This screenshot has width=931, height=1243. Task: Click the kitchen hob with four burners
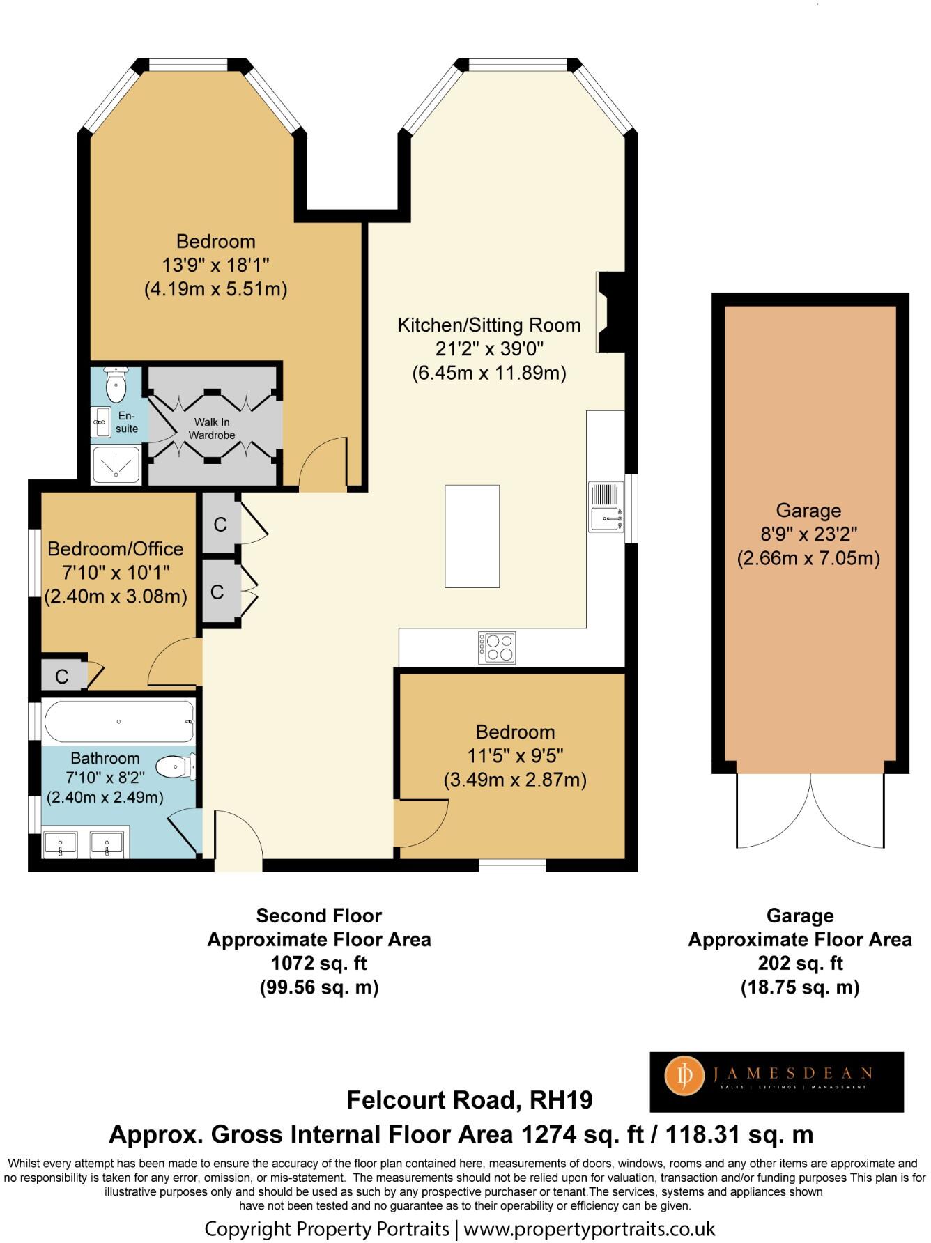tap(497, 647)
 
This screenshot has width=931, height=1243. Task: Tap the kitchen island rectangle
tap(472, 536)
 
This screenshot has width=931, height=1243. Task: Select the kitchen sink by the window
tap(606, 507)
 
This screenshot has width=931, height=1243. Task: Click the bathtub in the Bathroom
tap(118, 721)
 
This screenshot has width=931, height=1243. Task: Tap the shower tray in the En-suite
tap(116, 465)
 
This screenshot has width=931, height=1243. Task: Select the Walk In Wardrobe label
tap(212, 429)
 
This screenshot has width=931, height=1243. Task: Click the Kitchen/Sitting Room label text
tap(488, 325)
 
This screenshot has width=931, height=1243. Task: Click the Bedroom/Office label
tap(115, 549)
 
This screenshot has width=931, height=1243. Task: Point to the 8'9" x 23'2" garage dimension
tap(808, 534)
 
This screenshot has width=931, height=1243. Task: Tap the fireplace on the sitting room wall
tap(611, 311)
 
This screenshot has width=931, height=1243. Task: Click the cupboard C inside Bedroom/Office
tap(62, 676)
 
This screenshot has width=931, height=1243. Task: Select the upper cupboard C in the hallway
tap(220, 524)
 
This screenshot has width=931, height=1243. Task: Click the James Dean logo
tap(776, 1081)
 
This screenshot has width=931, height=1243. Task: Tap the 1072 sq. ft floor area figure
tap(318, 963)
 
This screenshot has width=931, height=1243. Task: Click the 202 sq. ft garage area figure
tap(799, 963)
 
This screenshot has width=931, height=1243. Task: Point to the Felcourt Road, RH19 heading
tap(470, 1099)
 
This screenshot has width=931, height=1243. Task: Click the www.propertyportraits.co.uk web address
tap(590, 1228)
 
